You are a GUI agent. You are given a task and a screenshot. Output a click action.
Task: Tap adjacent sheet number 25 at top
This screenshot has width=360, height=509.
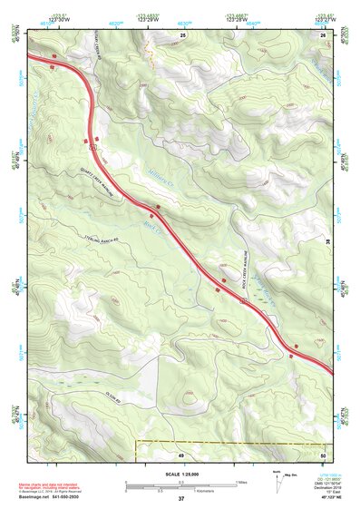[x=182, y=34]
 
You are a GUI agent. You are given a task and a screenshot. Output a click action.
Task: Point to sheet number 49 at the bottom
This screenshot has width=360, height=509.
[x=180, y=455]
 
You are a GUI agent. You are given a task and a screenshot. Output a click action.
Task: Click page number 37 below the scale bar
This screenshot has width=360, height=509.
[x=181, y=499]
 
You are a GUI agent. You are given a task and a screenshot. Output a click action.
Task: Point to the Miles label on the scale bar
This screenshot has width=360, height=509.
[x=242, y=481]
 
